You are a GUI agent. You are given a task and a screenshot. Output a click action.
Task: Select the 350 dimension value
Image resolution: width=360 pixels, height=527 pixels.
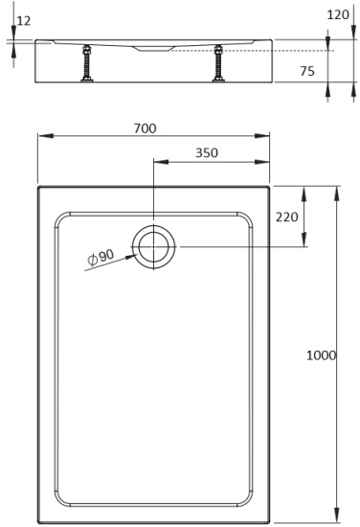click(x=205, y=153)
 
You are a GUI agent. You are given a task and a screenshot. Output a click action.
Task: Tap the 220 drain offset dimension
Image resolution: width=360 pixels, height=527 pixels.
click(x=287, y=217)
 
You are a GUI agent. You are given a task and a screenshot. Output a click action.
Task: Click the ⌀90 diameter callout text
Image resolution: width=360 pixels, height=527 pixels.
click(x=100, y=256)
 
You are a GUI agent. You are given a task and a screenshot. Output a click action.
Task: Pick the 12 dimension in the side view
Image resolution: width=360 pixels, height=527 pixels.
click(x=24, y=20)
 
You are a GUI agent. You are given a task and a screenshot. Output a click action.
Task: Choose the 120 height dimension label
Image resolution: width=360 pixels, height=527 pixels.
click(x=337, y=14)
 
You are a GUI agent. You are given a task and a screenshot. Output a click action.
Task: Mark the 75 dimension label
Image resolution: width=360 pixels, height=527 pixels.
click(x=307, y=70)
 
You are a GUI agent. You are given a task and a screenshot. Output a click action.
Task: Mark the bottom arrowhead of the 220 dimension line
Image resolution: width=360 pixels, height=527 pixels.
click(x=304, y=242)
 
